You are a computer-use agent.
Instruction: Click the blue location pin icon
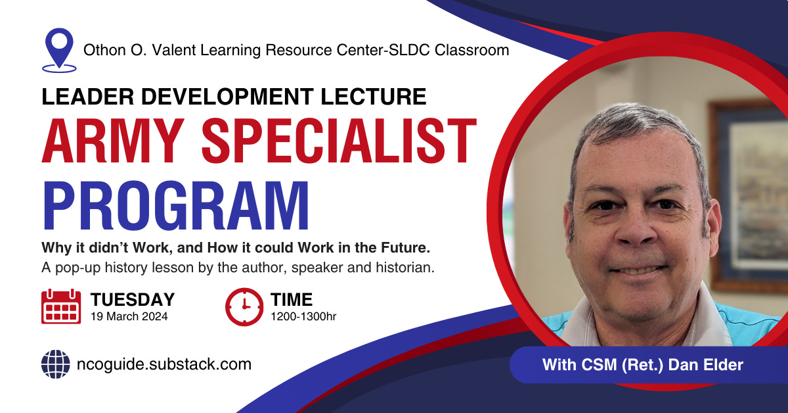click(59, 50)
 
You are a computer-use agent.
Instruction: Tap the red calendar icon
click(61, 306)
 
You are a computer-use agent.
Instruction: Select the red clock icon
click(244, 306)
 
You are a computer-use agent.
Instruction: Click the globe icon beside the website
click(56, 364)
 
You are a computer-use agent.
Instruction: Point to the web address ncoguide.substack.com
click(164, 364)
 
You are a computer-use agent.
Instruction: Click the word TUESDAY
click(133, 299)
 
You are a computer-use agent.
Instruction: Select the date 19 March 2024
click(129, 316)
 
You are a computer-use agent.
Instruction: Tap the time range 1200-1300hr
click(303, 316)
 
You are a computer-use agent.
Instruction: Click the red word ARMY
click(113, 141)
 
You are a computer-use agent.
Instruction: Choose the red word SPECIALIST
click(339, 141)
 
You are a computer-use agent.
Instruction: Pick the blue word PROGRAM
click(175, 205)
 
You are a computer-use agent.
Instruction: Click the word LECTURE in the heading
click(374, 97)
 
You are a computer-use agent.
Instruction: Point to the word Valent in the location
click(174, 50)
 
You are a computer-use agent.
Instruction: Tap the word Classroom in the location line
click(471, 50)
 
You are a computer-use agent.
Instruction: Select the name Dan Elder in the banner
click(706, 365)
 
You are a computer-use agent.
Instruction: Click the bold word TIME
click(292, 299)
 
